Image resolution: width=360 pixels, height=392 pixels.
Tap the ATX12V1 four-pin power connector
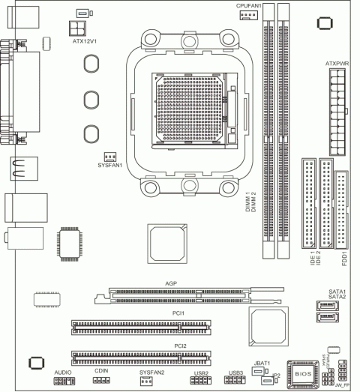tap(76, 28)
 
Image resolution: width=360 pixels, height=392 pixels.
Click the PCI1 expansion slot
tap(141, 328)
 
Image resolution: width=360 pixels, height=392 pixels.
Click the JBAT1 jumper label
tap(262, 364)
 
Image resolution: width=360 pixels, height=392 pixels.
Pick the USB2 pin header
tap(199, 381)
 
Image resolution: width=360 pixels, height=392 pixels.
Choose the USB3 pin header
tap(235, 381)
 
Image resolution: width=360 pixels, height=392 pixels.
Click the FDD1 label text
tap(344, 262)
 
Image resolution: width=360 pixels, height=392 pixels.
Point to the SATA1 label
tap(337, 291)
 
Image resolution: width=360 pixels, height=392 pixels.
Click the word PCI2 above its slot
tap(180, 346)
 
